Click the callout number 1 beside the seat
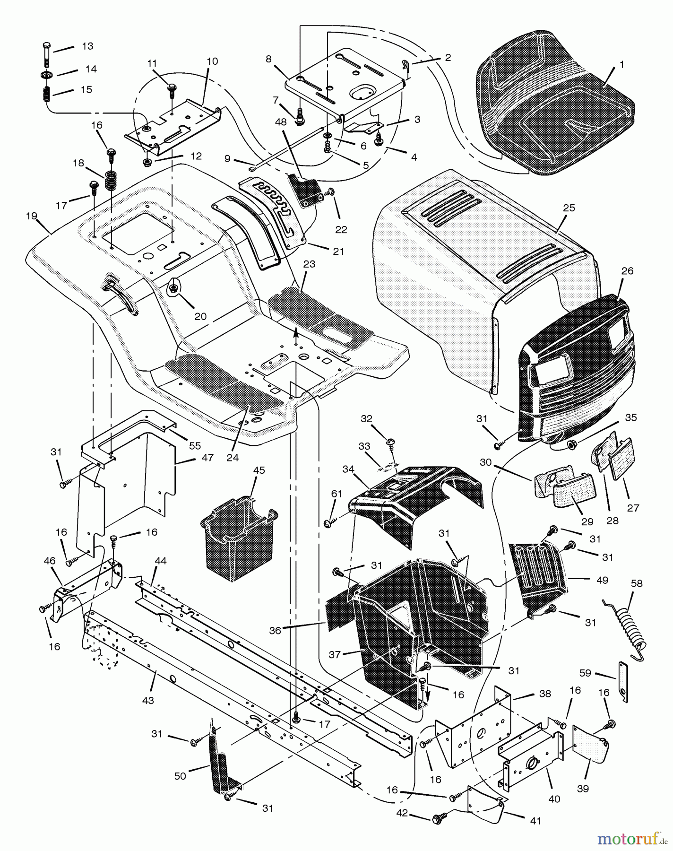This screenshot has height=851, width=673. (621, 65)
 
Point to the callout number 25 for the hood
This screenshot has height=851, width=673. (569, 208)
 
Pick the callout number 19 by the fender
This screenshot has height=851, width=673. (31, 216)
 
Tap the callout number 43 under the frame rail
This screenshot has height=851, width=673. (148, 700)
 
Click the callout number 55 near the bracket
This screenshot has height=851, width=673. (195, 445)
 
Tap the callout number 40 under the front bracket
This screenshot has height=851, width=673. (554, 799)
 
